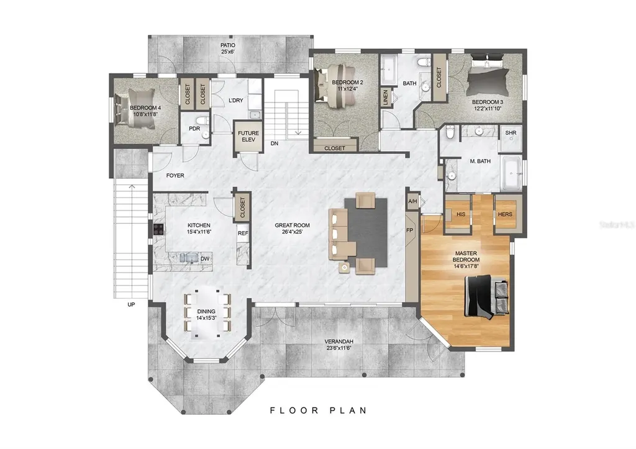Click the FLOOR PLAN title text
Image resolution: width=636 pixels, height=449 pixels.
point(318,410)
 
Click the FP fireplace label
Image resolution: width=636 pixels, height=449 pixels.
point(410,229)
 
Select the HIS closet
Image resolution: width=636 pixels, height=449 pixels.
point(460,214)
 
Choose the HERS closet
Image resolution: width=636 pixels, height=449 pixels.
point(504,214)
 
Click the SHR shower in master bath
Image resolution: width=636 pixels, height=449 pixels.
point(511,134)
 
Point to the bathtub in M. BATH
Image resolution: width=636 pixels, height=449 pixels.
point(512,175)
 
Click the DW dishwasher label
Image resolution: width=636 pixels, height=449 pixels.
point(204,259)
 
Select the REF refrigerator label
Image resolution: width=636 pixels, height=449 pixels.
point(242,234)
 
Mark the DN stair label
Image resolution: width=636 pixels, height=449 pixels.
point(274,144)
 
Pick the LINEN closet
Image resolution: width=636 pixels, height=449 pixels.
point(385,98)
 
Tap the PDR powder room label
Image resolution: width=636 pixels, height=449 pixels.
point(194,129)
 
